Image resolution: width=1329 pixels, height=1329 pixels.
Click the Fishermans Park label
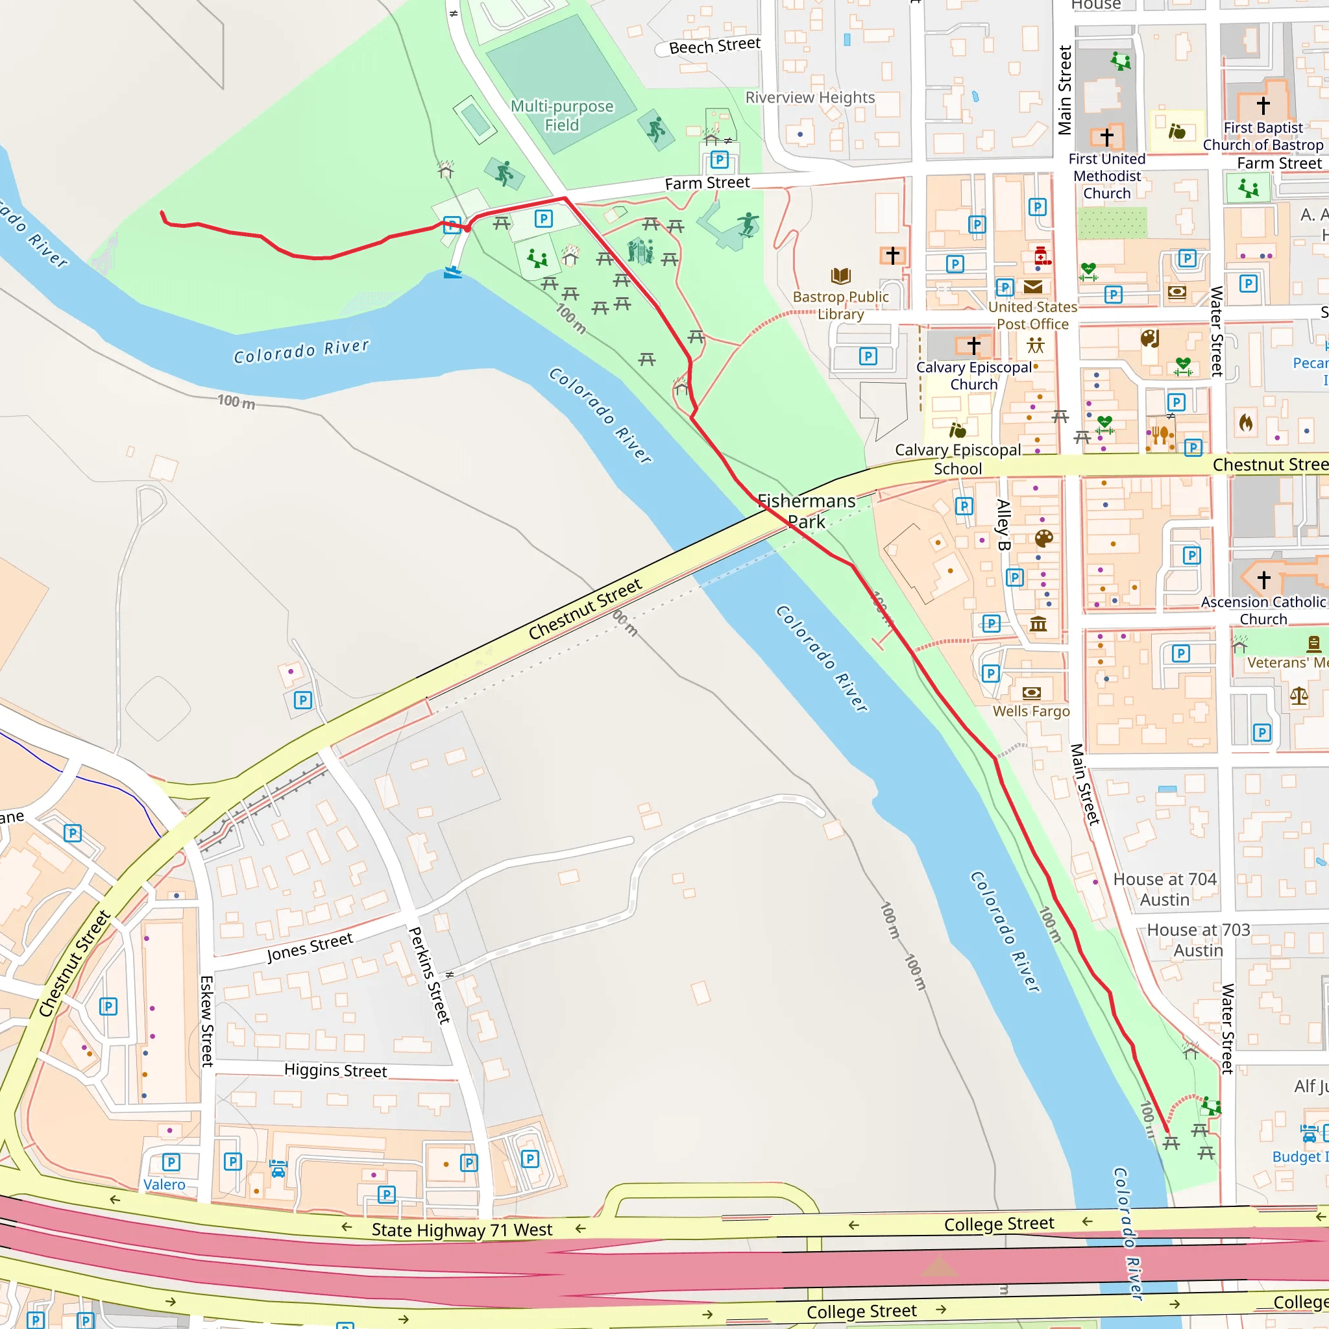point(806,511)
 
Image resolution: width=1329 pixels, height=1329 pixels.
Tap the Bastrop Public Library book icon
point(840,276)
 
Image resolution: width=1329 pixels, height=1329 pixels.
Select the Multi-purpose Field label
point(561,116)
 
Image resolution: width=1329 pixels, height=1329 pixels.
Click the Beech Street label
point(714,46)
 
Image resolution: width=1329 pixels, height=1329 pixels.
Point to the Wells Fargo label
point(1030,711)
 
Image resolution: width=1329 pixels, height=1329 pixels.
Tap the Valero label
point(164,1184)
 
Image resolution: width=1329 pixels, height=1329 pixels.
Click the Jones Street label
point(310,947)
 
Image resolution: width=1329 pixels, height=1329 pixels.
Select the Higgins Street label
point(335,1070)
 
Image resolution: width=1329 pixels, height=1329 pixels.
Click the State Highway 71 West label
point(461,1230)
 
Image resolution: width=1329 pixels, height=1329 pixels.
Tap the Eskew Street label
point(206,1021)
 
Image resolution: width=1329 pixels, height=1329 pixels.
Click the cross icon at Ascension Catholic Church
point(1263,579)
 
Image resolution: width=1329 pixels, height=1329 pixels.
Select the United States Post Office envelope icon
point(1032,287)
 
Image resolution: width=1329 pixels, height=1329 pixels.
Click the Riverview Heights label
point(810,98)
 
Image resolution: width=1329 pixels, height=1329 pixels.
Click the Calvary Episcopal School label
point(958,459)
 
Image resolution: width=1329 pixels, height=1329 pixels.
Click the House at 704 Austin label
point(1165,889)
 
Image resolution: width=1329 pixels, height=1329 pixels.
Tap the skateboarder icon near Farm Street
point(748,224)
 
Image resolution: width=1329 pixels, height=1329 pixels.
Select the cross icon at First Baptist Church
point(1263,105)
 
